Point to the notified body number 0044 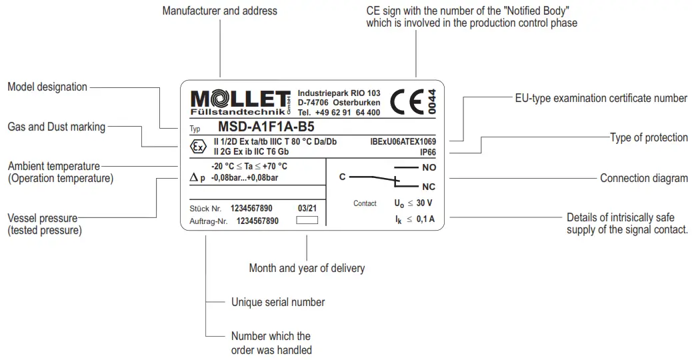pos(431,103)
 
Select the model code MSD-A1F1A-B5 pos(267,127)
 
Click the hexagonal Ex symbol pos(198,147)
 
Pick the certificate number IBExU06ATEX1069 pos(403,142)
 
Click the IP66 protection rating pos(427,152)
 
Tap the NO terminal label pos(429,167)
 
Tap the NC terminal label pos(429,187)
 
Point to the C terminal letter pos(342,177)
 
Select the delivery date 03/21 pos(307,209)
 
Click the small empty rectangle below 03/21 pos(307,219)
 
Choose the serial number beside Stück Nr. pos(251,209)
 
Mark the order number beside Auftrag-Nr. pos(257,220)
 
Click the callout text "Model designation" pos(47,87)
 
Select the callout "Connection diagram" pos(643,178)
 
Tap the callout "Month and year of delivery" pos(307,268)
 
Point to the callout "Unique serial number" pos(278,302)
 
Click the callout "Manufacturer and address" pos(220,11)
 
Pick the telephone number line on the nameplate pos(339,113)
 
